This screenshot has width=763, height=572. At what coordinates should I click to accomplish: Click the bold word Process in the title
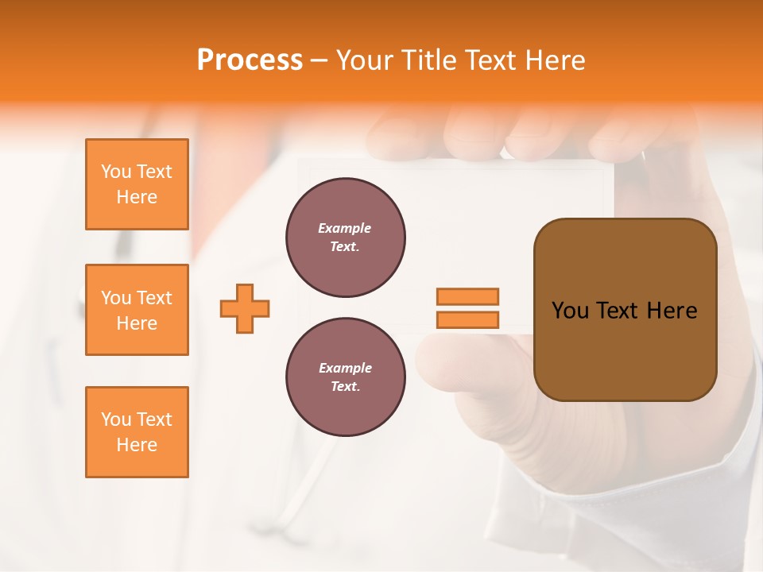pos(250,60)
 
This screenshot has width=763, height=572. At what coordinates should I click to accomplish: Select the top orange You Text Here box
pos(137,184)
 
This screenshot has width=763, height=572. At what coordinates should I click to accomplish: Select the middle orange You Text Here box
pos(137,310)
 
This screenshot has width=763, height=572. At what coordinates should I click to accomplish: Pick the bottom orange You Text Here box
pos(137,432)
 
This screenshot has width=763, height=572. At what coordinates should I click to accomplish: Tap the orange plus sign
pos(245,308)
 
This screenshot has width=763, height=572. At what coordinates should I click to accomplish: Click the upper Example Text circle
pos(346,238)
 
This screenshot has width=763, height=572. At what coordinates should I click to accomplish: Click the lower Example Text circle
pos(346,377)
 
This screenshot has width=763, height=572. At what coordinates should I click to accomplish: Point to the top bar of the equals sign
pos(467,297)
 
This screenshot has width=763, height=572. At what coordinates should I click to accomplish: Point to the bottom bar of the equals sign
pos(467,319)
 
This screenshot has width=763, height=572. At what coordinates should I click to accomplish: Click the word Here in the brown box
pos(672,311)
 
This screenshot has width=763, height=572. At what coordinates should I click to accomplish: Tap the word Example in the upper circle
pos(345,228)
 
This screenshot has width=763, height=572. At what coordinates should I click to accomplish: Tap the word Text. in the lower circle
pos(345,387)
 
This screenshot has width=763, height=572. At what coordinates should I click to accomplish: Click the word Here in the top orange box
pos(137,197)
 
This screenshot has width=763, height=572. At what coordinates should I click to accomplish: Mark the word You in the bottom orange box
pos(115,419)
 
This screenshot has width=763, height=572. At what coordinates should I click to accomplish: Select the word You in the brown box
pos(569,311)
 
